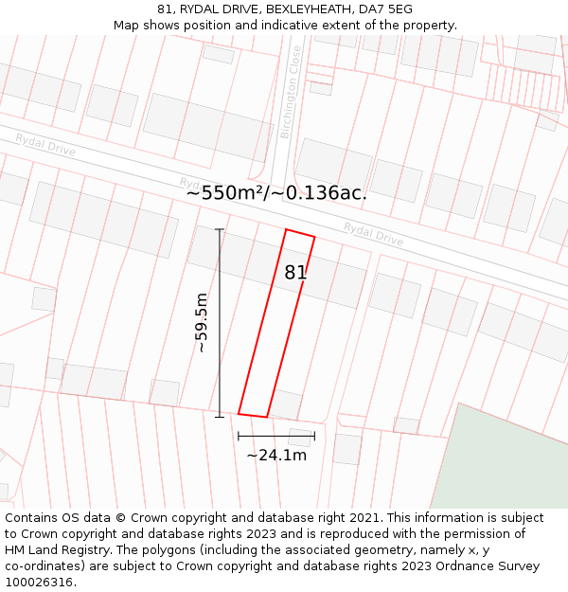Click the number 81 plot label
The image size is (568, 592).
pyautogui.click(x=295, y=273)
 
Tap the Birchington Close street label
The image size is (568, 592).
pyautogui.click(x=291, y=93)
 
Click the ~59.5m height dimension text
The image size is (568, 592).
pyautogui.click(x=202, y=323)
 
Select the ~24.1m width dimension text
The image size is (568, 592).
pyautogui.click(x=276, y=456)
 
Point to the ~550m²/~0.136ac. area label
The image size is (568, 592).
pyautogui.click(x=276, y=193)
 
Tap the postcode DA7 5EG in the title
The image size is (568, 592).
pyautogui.click(x=387, y=9)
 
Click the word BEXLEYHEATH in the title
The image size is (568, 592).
pyautogui.click(x=309, y=9)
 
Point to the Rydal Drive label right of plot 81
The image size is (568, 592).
pyautogui.click(x=373, y=234)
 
